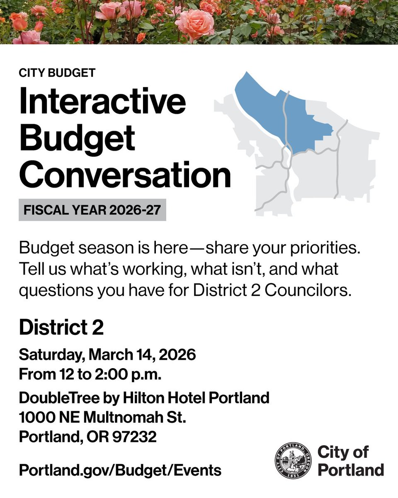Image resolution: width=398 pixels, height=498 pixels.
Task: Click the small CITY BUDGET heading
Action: (x=57, y=73)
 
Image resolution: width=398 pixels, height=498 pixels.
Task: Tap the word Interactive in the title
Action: (x=102, y=103)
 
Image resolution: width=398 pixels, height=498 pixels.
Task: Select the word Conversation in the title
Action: (x=125, y=175)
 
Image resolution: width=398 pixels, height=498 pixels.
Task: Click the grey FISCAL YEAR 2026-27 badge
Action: (x=92, y=210)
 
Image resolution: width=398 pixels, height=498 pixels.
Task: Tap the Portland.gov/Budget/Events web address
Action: (x=120, y=470)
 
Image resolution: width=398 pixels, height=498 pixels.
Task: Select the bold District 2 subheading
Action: (x=61, y=328)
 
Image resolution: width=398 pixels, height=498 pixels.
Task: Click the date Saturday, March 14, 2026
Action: (x=107, y=355)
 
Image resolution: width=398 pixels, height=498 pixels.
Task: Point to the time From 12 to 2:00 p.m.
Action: (x=90, y=374)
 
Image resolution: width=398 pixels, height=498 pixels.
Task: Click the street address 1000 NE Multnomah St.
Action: (x=102, y=417)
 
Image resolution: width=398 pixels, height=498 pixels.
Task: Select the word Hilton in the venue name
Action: (x=143, y=398)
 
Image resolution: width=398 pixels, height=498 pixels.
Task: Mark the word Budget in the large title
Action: (x=77, y=139)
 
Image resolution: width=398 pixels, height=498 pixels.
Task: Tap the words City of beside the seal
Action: (x=342, y=452)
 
